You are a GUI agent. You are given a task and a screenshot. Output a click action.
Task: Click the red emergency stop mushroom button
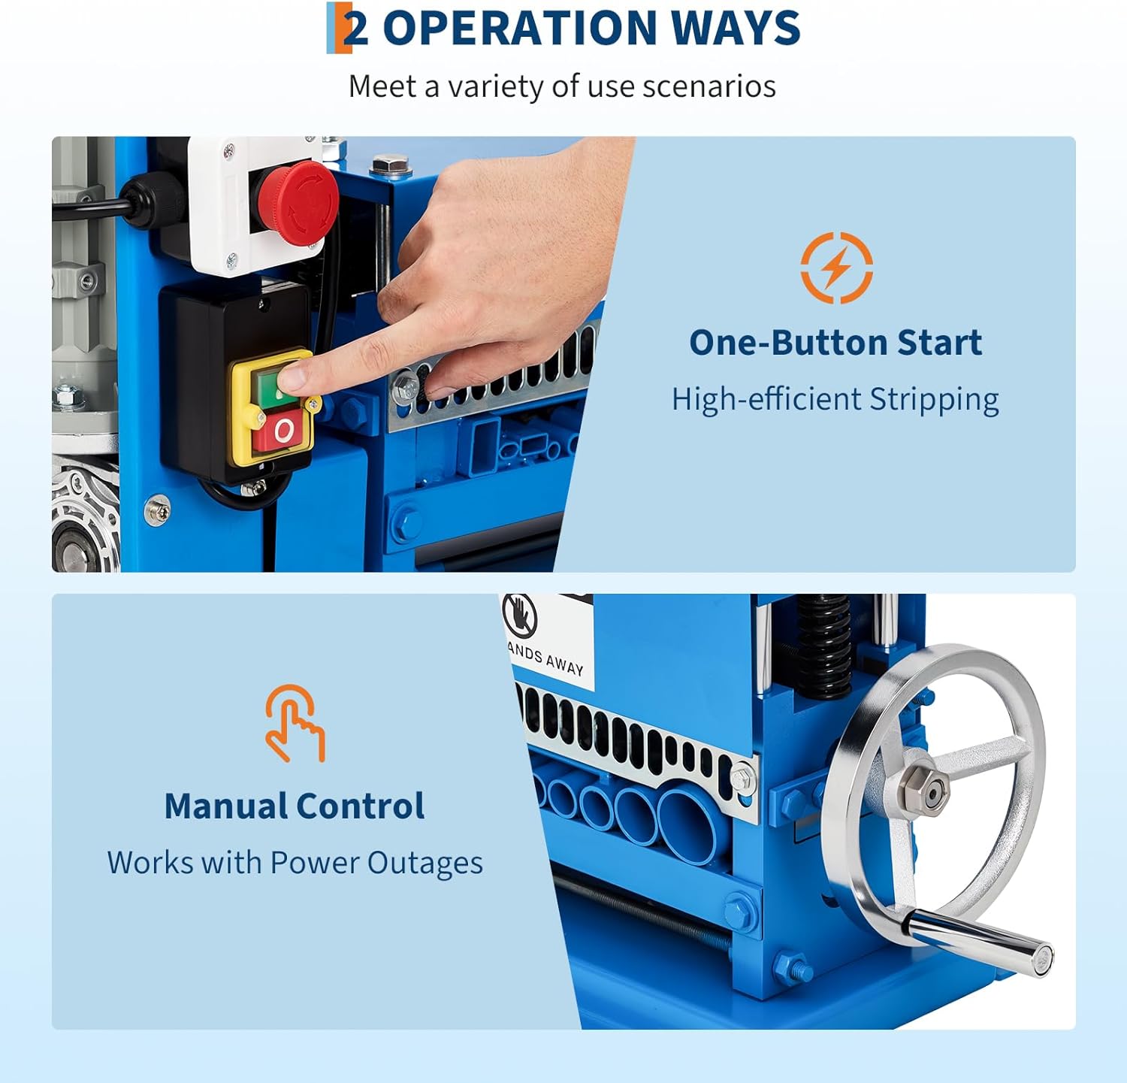(294, 201)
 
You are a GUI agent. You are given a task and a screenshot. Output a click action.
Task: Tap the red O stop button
(283, 431)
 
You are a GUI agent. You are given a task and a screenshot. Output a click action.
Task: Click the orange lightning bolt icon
(836, 268)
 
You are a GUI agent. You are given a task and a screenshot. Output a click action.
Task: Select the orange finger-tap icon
(295, 723)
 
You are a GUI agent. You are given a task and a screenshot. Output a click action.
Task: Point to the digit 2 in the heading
(356, 29)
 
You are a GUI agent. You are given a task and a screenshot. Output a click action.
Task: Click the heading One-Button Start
(835, 343)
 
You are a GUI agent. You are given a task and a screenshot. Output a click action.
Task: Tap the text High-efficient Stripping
(835, 399)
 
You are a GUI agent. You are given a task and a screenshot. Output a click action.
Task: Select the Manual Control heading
(294, 806)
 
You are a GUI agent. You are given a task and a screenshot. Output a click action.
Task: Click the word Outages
(425, 863)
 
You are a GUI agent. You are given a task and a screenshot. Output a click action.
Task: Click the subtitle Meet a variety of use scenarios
(562, 86)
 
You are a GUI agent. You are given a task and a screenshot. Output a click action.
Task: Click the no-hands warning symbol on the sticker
(519, 613)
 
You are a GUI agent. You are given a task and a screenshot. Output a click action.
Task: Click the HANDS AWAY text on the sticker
(546, 659)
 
